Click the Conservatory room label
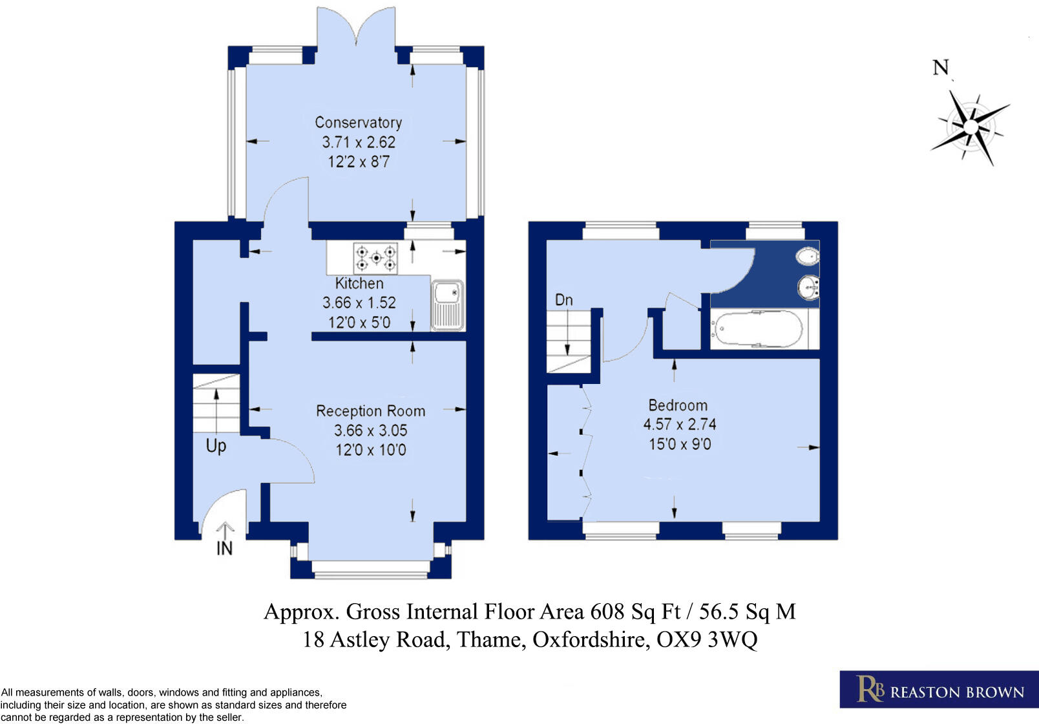358,122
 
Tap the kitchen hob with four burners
375,258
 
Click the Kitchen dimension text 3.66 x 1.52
359,303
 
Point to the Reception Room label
370,411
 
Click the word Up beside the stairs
216,446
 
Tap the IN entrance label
224,549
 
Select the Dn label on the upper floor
563,300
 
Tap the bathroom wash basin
808,288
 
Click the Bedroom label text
678,405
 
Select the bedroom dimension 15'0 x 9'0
680,444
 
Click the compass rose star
971,127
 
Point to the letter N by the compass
941,67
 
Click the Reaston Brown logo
938,690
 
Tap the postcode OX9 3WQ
707,640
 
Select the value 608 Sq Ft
635,612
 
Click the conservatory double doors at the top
355,29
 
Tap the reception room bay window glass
370,568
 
